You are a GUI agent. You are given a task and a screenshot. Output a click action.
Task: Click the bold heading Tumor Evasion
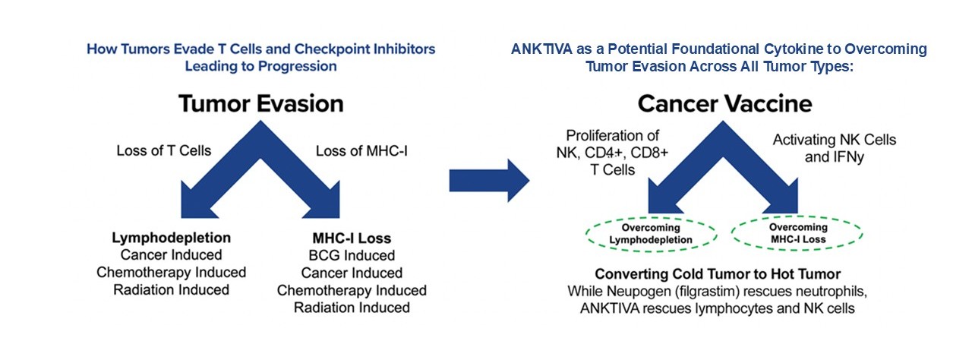tap(260, 104)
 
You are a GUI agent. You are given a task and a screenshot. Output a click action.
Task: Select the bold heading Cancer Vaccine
tap(725, 104)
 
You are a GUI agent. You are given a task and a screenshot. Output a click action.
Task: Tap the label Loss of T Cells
tap(163, 150)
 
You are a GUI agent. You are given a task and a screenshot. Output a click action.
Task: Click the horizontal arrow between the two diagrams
tap(488, 181)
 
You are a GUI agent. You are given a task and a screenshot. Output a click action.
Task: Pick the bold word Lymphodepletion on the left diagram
tap(172, 238)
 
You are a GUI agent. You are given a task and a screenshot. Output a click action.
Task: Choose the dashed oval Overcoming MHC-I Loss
tap(798, 234)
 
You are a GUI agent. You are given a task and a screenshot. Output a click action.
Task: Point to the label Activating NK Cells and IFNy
tap(834, 147)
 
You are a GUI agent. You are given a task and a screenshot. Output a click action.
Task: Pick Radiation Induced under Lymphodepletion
tap(172, 289)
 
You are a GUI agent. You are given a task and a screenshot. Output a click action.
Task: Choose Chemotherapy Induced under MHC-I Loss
tap(352, 290)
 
